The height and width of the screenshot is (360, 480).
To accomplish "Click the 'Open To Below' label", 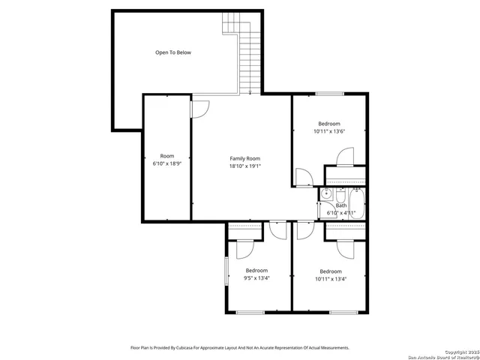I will click(x=173, y=52).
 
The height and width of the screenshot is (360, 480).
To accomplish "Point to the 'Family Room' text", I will click(x=244, y=158).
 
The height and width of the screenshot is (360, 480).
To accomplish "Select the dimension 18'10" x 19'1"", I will click(x=244, y=166).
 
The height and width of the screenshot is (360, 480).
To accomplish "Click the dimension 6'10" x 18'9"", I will click(x=166, y=163).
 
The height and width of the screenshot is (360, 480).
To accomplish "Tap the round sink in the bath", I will click(x=326, y=194).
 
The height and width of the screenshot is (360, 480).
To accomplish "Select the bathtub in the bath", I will click(x=356, y=203).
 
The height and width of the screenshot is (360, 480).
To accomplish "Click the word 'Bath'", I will click(x=341, y=205).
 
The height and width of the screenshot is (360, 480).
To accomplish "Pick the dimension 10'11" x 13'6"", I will click(x=328, y=132).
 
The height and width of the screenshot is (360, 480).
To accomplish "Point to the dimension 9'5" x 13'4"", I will click(x=256, y=278).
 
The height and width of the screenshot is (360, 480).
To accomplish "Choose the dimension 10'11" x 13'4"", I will click(x=330, y=279).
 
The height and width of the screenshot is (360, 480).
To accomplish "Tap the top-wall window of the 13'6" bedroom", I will click(x=328, y=94).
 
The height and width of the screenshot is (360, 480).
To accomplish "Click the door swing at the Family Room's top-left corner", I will click(x=199, y=108).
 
